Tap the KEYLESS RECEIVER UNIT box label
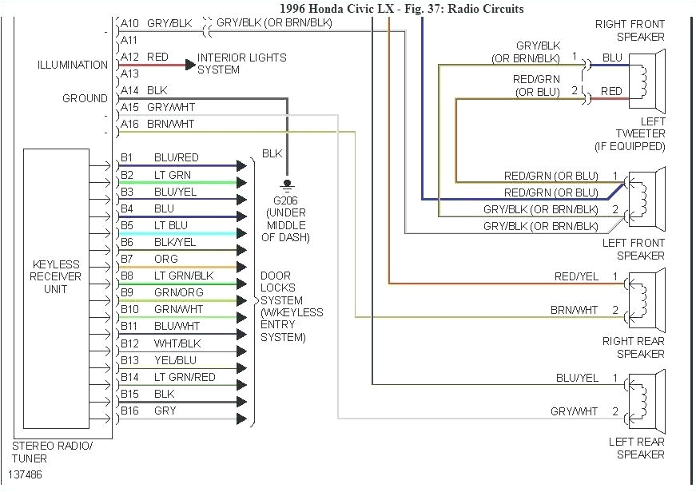click(x=56, y=276)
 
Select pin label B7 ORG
click(x=149, y=259)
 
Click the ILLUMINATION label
click(x=72, y=65)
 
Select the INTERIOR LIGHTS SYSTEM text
click(x=241, y=64)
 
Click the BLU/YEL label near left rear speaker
click(x=577, y=377)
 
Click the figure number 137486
click(x=27, y=474)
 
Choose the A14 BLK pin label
click(x=144, y=90)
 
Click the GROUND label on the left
click(x=85, y=98)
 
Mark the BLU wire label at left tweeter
click(x=612, y=58)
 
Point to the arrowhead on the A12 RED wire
click(x=190, y=65)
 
